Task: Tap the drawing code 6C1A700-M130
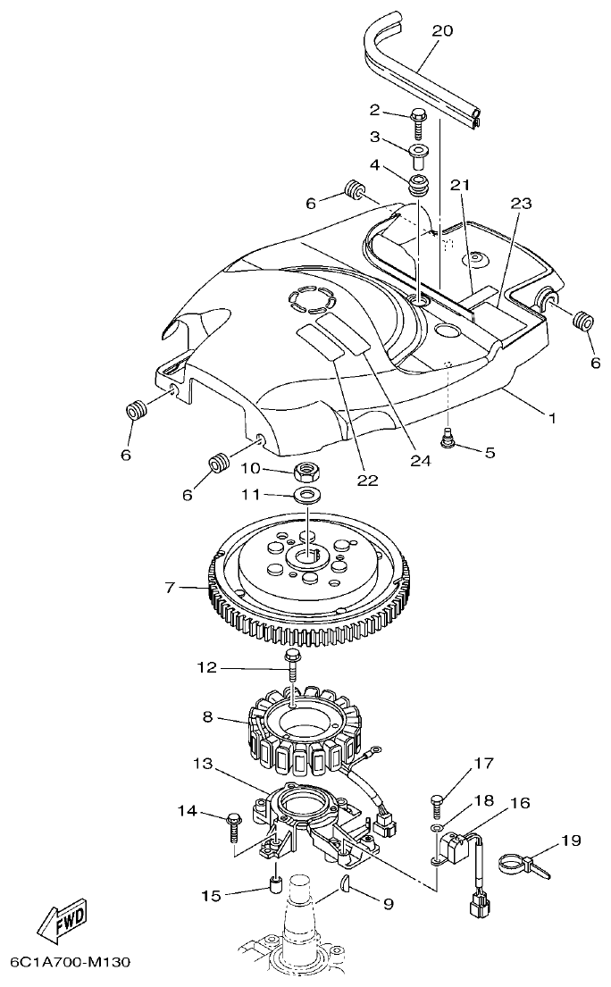pos(71,963)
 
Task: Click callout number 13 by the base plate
pos(203,765)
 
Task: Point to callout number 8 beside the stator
pos(206,716)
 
